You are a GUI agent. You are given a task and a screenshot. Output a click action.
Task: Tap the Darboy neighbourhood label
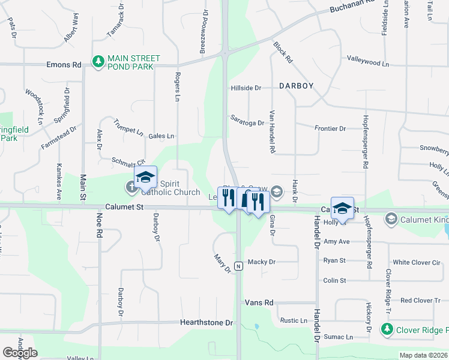pyautogui.click(x=295, y=86)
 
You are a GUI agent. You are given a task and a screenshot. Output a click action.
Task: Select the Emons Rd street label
pyautogui.click(x=64, y=65)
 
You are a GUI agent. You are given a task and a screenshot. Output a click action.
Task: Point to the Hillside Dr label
pyautogui.click(x=246, y=88)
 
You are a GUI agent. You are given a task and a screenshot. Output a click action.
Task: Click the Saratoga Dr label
pyautogui.click(x=247, y=123)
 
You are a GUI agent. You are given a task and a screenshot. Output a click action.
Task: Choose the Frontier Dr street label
pyautogui.click(x=330, y=128)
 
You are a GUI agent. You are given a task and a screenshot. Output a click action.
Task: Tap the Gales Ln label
pyautogui.click(x=161, y=136)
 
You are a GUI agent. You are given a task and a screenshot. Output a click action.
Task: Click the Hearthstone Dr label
pyautogui.click(x=206, y=323)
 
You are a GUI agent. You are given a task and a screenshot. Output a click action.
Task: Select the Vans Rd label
pyautogui.click(x=259, y=303)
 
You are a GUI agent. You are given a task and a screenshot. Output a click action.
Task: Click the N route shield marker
pyautogui.click(x=238, y=266)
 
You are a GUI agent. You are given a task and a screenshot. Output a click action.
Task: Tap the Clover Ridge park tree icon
pyautogui.click(x=387, y=329)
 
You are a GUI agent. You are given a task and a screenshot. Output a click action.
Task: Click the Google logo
pyautogui.click(x=20, y=353)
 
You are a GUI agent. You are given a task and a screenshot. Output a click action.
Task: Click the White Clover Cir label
pyautogui.click(x=416, y=262)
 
